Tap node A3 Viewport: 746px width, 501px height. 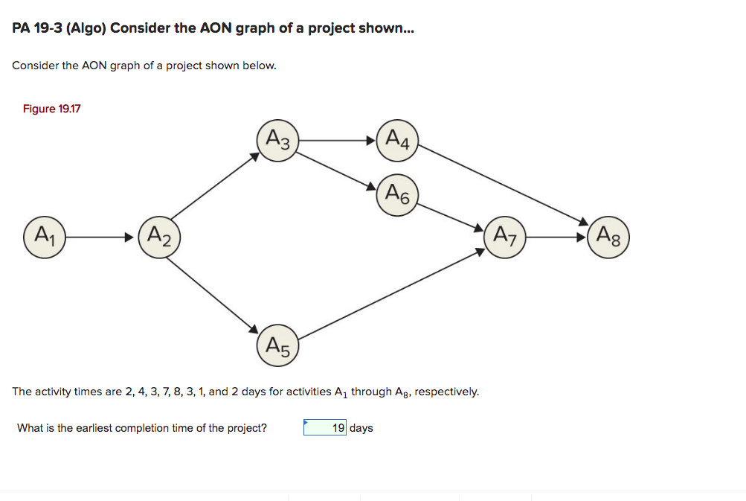pos(278,139)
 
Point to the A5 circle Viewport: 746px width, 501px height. pos(278,345)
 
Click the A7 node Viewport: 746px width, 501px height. pos(505,237)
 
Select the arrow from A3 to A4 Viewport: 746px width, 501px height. pos(338,139)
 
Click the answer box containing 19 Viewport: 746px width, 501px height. pos(325,428)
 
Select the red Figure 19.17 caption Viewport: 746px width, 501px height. pos(51,109)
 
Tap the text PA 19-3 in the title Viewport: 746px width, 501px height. pos(37,30)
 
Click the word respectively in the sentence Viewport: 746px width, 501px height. pos(446,392)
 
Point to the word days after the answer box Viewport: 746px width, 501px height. pos(361,428)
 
